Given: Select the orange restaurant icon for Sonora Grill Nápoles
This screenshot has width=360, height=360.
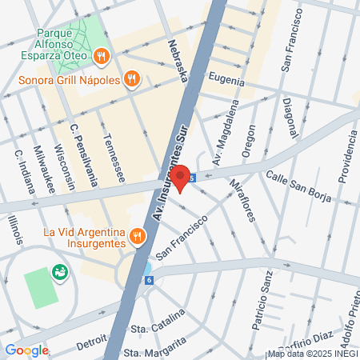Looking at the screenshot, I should (133, 79).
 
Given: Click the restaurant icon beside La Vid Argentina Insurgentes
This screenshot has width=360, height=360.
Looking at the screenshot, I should (138, 236).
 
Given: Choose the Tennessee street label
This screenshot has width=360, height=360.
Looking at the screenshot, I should (112, 160).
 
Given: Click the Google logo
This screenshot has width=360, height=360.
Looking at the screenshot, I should (26, 350).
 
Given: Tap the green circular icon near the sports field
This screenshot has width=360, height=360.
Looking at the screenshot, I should (59, 274).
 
